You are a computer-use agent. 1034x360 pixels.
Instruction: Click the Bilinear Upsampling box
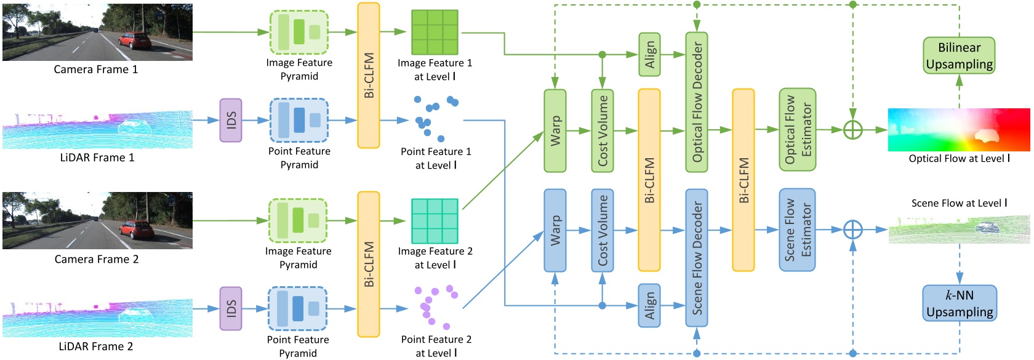click(959, 55)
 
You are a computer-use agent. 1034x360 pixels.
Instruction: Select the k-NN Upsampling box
click(959, 303)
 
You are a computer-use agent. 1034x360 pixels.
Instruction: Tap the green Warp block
click(555, 130)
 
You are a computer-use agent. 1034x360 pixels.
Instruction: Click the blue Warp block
click(555, 230)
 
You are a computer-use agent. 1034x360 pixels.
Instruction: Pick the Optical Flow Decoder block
click(697, 102)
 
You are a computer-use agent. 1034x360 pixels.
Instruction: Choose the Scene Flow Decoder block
click(697, 258)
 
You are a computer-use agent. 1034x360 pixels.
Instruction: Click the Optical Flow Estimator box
click(797, 130)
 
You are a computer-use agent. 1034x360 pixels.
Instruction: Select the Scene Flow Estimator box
click(797, 230)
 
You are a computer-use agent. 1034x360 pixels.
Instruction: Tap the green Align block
click(649, 55)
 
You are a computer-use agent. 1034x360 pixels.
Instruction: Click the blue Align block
click(649, 305)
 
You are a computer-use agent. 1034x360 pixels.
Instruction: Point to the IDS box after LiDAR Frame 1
click(231, 121)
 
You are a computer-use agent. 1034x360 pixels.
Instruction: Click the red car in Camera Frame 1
click(134, 41)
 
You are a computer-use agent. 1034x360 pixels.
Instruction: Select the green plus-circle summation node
click(852, 130)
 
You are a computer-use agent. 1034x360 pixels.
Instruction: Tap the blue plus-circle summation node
click(852, 230)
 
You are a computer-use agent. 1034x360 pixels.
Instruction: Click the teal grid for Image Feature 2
click(435, 221)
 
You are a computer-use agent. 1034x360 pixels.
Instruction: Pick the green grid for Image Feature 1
click(435, 32)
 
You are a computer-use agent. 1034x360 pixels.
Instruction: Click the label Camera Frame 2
click(97, 259)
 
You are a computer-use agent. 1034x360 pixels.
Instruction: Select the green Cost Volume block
click(603, 130)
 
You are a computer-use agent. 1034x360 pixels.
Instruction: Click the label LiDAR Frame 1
click(97, 158)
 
